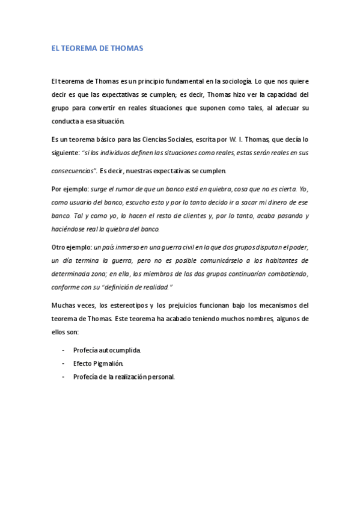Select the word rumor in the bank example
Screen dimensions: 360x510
pos(127,188)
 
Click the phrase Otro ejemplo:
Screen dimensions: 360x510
pos(72,247)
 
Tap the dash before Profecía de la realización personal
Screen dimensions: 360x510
pos(64,377)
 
